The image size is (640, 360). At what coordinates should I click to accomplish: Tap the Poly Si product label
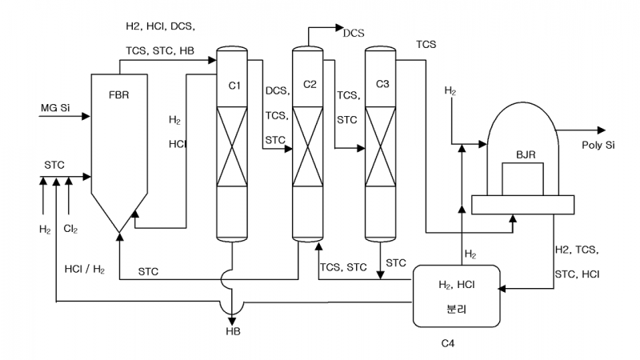pyautogui.click(x=598, y=145)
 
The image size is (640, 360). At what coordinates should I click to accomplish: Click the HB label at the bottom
pyautogui.click(x=232, y=330)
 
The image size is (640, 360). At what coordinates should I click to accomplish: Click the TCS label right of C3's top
pyautogui.click(x=426, y=45)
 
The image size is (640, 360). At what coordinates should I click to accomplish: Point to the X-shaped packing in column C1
pyautogui.click(x=231, y=149)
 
